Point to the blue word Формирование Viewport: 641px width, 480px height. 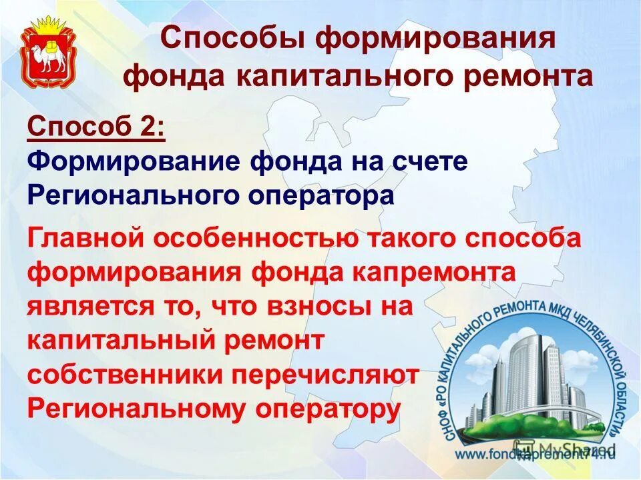132,162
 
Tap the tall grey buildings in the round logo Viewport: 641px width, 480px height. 527,373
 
